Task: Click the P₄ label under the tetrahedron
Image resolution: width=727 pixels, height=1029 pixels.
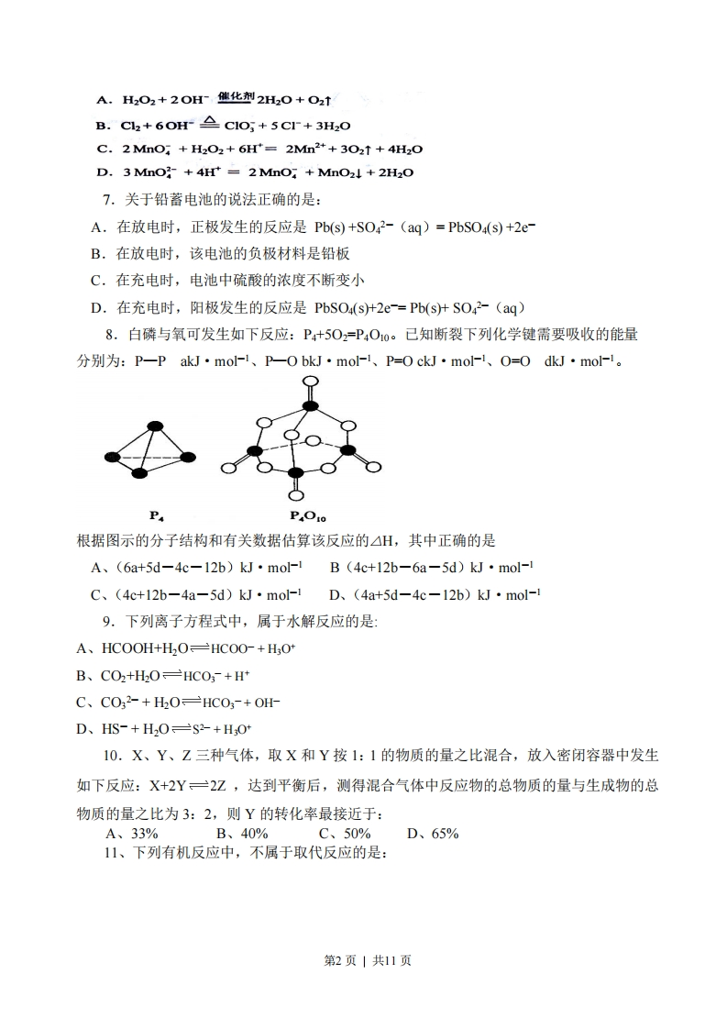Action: coord(157,515)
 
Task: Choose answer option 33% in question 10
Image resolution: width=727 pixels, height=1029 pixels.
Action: coord(145,833)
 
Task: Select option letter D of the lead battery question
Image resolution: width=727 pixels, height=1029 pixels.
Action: coord(96,306)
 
